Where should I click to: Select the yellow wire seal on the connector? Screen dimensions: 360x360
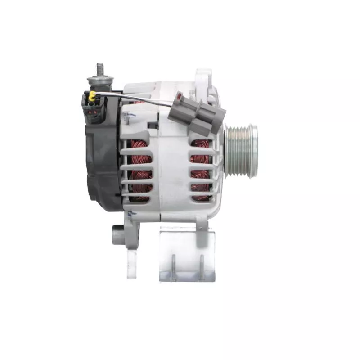[x=93, y=96]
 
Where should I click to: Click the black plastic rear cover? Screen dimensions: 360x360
[x=103, y=166]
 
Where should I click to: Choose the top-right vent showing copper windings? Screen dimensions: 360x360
[x=200, y=147]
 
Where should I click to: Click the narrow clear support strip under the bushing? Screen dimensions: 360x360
[x=131, y=263]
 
